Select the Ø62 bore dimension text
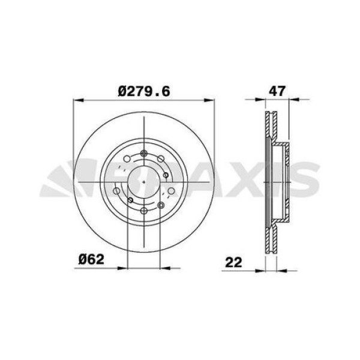click(x=92, y=260)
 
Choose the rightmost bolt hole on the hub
click(x=172, y=191)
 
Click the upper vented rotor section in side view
click(x=269, y=129)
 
